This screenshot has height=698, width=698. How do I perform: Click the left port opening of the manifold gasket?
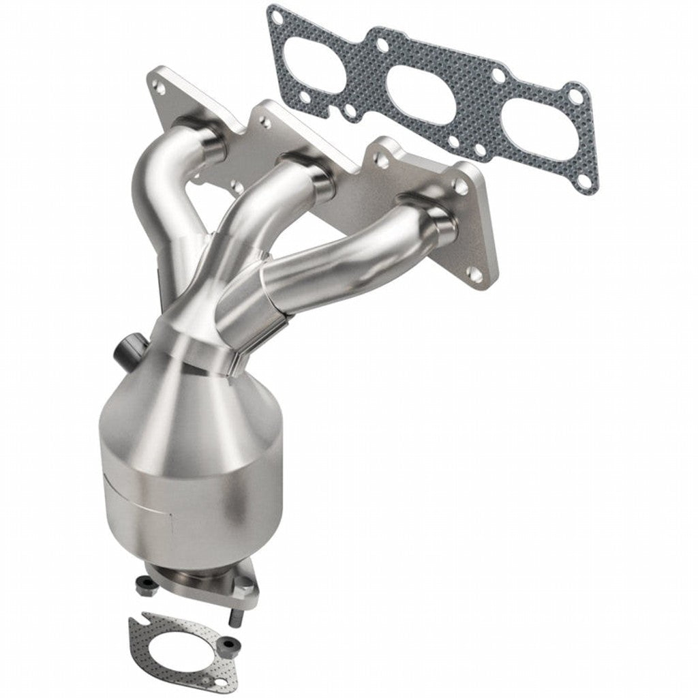point(314,65)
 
